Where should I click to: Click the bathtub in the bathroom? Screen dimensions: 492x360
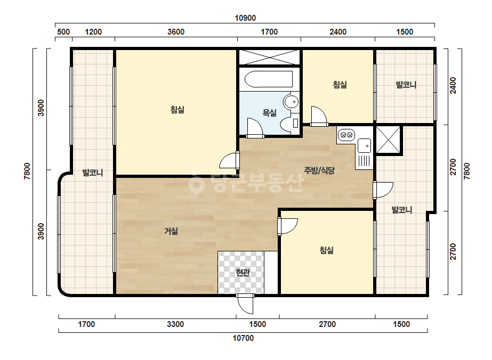point(269,79)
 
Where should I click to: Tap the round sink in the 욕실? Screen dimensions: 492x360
point(291,102)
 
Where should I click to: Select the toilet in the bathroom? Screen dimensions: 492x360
point(289,124)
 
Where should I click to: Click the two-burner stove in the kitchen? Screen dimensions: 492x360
point(346,135)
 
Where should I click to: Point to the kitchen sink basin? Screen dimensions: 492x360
point(364,146)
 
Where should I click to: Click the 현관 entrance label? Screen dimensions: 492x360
point(243,273)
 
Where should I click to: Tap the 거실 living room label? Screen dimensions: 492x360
point(171,231)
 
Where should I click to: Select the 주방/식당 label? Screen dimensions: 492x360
point(319,170)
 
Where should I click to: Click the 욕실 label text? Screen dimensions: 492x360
point(269,112)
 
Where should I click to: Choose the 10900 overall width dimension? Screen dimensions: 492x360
point(245,18)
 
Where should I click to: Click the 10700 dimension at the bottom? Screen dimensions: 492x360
point(243,338)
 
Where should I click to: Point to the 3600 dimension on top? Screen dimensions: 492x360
point(176,31)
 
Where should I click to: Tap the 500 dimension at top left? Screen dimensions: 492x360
point(63,31)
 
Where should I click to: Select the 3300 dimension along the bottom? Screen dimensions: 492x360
point(175,324)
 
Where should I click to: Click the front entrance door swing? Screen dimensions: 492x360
point(245,304)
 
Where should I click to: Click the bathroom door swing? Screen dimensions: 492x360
point(254,128)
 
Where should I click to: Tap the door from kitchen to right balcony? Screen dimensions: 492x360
point(383,190)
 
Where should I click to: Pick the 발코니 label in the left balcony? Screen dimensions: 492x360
point(93,173)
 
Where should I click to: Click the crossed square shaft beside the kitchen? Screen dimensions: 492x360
point(389,140)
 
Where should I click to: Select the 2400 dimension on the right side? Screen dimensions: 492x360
point(453,85)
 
